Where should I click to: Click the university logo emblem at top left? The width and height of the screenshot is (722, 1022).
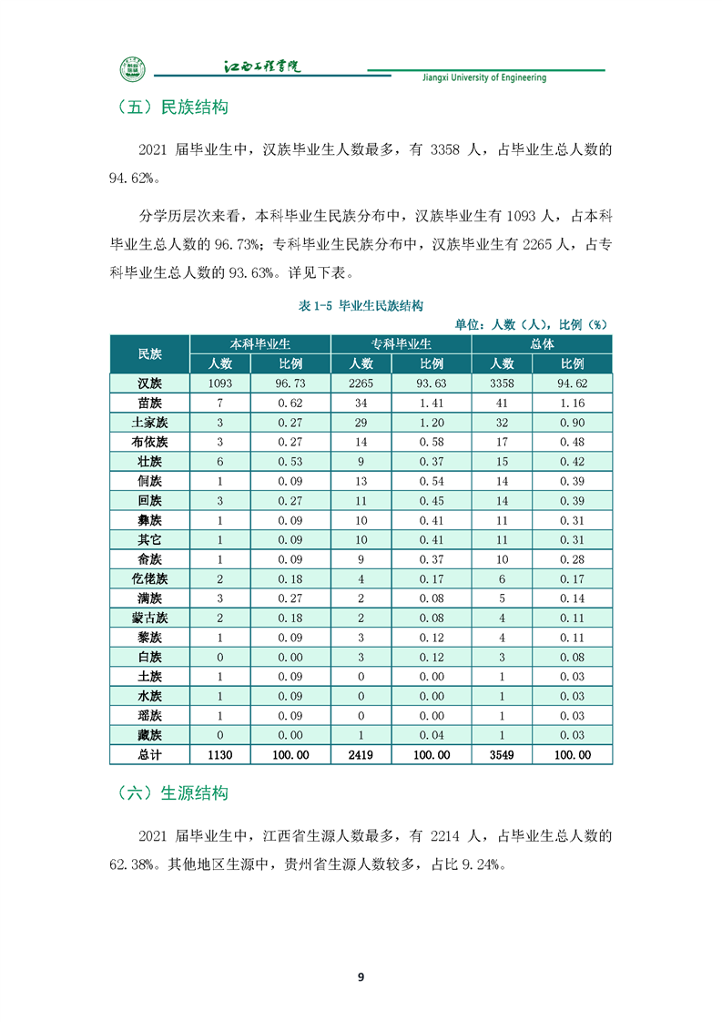133,70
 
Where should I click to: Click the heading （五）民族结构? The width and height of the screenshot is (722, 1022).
172,107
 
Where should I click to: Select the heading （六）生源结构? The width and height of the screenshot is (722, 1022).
172,792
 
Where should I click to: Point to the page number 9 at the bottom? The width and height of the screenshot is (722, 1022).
361,976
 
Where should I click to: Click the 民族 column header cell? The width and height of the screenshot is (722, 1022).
149,353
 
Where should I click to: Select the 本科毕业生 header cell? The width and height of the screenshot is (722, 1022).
260,344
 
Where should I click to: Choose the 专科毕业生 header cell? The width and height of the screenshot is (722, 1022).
401,344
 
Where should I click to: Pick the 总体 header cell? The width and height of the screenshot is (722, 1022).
542,344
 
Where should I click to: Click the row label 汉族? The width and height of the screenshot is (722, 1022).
149,383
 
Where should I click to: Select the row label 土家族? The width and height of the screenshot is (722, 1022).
149,423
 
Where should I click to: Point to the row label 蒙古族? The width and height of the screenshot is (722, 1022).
149,618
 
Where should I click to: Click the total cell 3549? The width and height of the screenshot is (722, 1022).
502,755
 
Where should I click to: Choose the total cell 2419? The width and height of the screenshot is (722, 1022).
361,755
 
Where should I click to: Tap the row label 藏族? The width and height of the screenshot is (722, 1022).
149,735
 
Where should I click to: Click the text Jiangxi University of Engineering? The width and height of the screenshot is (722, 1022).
484,78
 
